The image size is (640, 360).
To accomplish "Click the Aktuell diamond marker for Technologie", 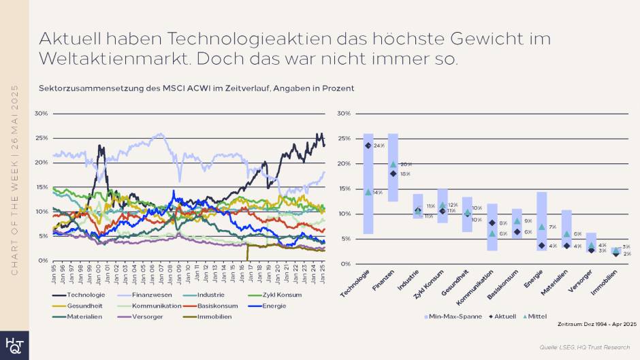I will coord(368,146).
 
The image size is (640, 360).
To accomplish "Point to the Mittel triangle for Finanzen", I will coord(393,164).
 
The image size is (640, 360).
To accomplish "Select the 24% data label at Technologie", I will coord(379,146).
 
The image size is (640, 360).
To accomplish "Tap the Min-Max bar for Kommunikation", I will coord(492,227).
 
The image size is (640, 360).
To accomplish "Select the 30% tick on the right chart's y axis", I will coord(343,114).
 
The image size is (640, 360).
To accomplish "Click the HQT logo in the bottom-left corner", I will coord(14,343).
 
